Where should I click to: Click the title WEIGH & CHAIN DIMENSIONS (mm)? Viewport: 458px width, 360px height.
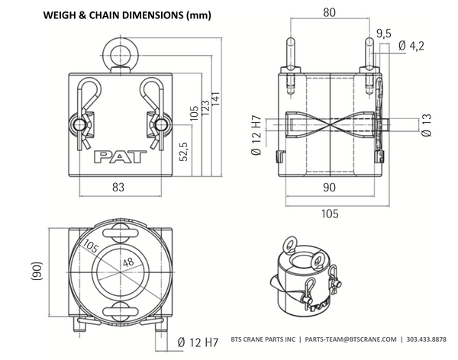click(127, 15)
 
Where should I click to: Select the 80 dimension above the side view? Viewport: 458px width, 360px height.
click(329, 11)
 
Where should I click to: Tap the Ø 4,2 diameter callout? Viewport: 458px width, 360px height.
click(411, 47)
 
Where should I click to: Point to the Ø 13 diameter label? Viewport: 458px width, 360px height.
click(427, 127)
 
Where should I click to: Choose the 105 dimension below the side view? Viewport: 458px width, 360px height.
click(330, 214)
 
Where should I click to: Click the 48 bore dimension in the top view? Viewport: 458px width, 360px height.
click(127, 262)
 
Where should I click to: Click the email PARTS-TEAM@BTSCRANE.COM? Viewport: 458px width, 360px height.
click(350, 339)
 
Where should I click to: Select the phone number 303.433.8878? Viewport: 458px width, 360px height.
click(428, 339)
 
